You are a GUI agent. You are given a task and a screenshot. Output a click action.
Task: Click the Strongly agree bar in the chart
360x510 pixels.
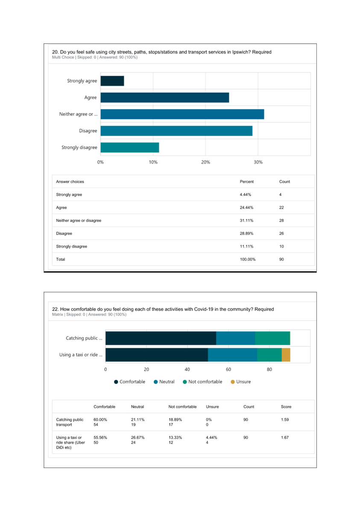click(112, 81)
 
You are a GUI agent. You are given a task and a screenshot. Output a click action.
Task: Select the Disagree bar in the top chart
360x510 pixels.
click(176, 131)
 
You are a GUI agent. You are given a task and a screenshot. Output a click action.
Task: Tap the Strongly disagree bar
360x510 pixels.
click(130, 147)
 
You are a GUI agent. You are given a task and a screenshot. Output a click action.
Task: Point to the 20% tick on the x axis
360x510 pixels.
click(205, 162)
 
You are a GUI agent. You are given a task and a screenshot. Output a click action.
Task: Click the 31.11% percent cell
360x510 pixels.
click(245, 220)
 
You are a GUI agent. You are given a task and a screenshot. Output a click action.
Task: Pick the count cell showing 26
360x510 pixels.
click(281, 234)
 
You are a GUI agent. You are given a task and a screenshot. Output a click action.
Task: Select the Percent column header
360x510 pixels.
click(247, 182)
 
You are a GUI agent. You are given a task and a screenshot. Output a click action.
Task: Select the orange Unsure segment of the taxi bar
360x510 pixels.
click(286, 355)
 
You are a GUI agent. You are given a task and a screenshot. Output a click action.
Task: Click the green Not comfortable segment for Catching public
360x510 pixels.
click(272, 338)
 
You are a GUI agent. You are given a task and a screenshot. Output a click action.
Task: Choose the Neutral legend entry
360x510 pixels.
click(164, 381)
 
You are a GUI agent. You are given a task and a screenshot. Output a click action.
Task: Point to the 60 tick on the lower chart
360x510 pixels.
click(228, 369)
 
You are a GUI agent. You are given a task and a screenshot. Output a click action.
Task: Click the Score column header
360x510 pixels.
click(286, 407)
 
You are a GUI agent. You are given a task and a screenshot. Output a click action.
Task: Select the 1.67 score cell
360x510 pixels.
click(285, 437)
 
